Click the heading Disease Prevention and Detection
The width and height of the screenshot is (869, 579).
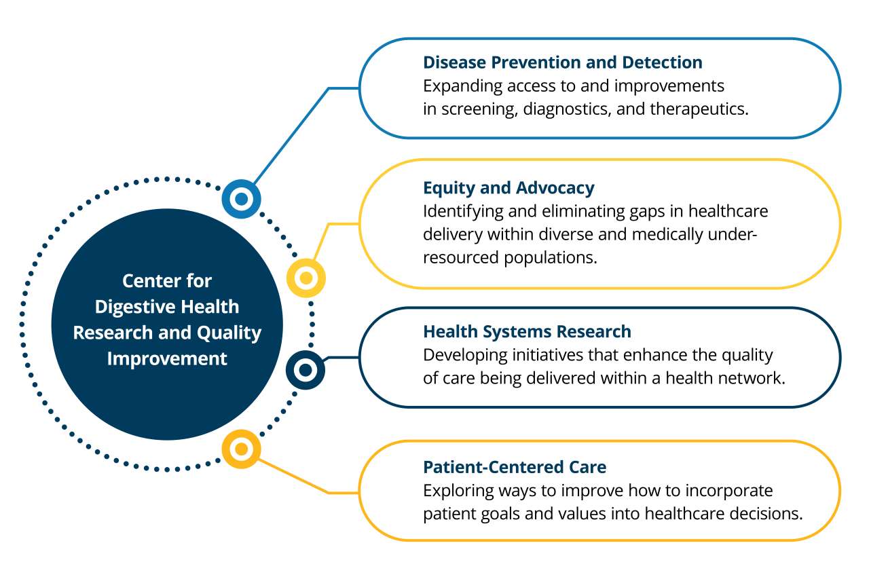(x=562, y=62)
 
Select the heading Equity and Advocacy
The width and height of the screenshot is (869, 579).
(x=509, y=188)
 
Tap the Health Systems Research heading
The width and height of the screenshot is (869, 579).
(x=527, y=331)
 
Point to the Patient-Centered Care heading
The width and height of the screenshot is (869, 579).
(x=514, y=467)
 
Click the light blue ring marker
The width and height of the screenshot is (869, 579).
(x=241, y=200)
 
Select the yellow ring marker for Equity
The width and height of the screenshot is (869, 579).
(x=306, y=278)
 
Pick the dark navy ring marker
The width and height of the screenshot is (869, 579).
(x=306, y=370)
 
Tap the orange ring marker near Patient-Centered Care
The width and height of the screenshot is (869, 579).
(x=242, y=449)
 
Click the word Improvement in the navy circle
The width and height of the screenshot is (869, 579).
(x=167, y=358)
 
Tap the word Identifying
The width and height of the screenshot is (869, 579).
(x=456, y=211)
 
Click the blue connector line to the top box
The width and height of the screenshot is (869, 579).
(x=292, y=135)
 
